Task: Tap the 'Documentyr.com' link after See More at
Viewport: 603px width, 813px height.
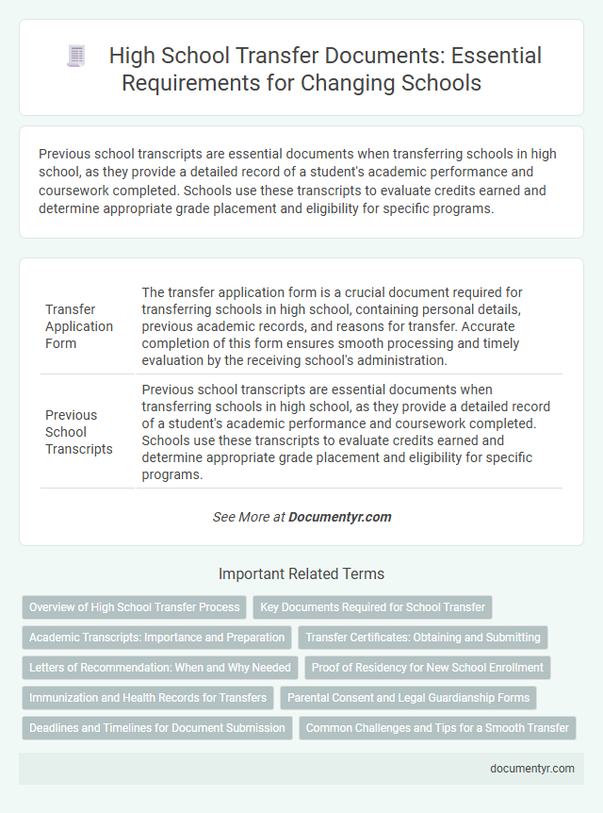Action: point(340,517)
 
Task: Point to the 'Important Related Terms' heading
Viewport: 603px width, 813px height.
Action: point(301,573)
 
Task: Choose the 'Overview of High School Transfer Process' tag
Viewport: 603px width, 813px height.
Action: point(133,607)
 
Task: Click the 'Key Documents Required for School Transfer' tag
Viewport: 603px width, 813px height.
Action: point(372,607)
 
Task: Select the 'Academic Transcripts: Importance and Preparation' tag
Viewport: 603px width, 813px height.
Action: point(156,638)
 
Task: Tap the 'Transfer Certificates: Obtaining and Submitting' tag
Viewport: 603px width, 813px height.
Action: point(422,638)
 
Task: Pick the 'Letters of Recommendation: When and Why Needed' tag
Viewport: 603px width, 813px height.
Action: point(159,668)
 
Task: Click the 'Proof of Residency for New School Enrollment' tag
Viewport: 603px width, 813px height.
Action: point(427,668)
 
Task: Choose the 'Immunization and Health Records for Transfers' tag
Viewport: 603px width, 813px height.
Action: point(148,698)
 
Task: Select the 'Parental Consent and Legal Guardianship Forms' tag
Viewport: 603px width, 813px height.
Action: point(408,698)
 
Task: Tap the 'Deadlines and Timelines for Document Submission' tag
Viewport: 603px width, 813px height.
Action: point(156,728)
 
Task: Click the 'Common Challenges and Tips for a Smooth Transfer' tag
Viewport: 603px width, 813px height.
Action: point(437,728)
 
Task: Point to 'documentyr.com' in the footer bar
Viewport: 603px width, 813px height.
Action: point(532,768)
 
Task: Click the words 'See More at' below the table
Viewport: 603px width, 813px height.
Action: point(249,517)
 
